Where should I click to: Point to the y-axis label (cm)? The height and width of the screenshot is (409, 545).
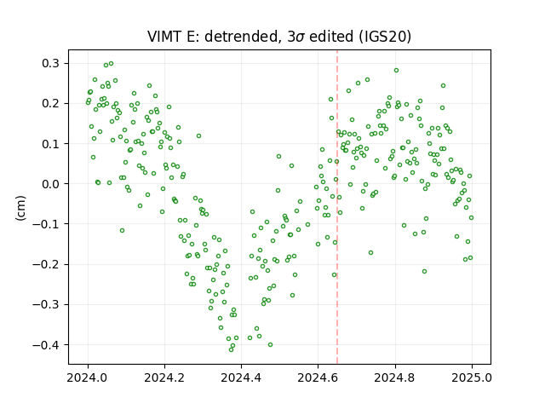20,208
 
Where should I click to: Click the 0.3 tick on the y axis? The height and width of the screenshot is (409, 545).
51,63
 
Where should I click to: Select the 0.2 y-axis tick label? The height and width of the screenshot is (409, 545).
51,104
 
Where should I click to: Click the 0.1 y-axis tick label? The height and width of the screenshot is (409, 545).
51,144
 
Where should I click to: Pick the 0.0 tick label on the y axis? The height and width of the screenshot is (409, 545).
51,184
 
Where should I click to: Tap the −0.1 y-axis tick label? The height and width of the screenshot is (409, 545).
46,224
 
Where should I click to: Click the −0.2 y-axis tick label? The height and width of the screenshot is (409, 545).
46,264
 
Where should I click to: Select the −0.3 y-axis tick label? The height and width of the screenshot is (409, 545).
46,305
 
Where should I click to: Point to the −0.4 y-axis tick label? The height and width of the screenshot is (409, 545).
46,344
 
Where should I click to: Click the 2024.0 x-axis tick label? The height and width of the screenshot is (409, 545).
88,377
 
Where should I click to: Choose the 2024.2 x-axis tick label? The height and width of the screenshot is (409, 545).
164,377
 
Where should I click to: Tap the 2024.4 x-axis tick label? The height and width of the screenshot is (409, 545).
241,377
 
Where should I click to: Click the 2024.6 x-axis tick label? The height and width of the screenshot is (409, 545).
318,377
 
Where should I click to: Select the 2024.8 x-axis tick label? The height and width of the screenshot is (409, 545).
395,377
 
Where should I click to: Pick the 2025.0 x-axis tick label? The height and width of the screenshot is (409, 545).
472,377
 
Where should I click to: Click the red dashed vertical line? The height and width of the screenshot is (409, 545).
337,207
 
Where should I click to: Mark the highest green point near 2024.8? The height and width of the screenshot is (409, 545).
396,70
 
